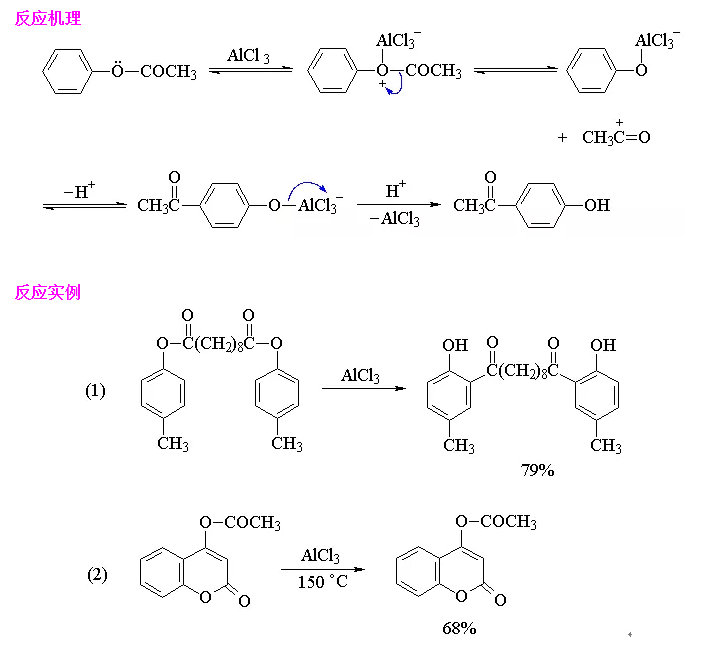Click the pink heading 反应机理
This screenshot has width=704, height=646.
[48, 18]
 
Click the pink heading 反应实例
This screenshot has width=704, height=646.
[48, 293]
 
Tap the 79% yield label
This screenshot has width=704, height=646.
[537, 469]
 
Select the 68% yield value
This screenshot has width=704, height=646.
[459, 628]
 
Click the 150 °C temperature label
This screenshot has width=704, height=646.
[323, 581]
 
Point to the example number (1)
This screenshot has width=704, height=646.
[95, 391]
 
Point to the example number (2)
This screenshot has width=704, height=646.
[97, 574]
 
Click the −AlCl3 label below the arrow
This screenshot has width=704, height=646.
[400, 219]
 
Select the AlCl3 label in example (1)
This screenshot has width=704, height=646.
[360, 376]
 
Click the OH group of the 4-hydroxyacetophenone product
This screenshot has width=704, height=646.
[597, 206]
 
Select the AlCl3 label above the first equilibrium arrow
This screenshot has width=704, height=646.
[248, 56]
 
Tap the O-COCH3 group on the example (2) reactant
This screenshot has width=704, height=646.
[240, 523]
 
